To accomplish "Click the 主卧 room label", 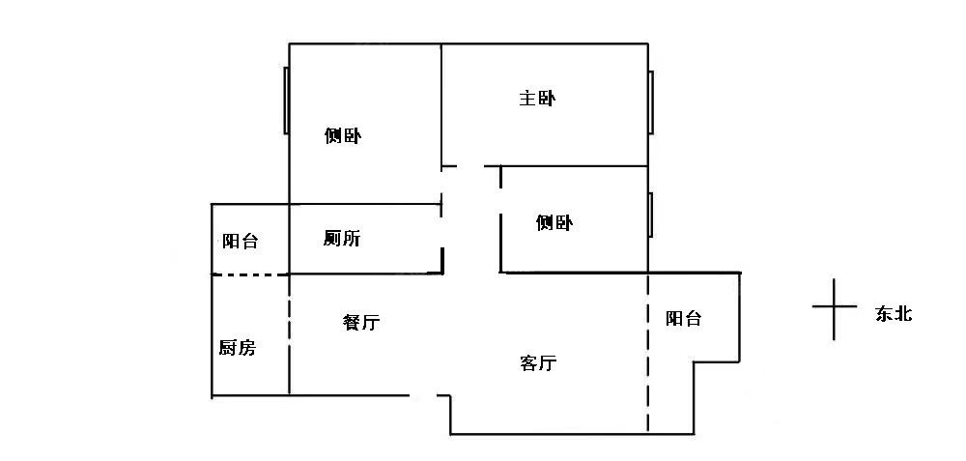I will (x=537, y=98).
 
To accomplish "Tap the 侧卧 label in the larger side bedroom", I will (x=343, y=136).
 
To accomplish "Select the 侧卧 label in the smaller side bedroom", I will (x=554, y=223).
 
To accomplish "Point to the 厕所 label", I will (x=342, y=238).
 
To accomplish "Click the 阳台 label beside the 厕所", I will (x=241, y=241).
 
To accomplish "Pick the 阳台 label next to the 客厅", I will (x=683, y=318).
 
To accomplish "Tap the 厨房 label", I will (x=238, y=348).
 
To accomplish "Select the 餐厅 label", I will (x=360, y=323).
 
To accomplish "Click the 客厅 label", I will (x=538, y=363).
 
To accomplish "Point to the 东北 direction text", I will (x=894, y=314).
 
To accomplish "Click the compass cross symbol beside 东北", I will (x=835, y=308).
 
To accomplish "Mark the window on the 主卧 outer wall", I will (x=651, y=102).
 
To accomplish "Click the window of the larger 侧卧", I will (x=286, y=101).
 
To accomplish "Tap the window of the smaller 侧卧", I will (x=651, y=215).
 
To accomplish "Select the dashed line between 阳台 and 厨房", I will (x=250, y=275).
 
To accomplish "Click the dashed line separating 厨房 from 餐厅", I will (x=289, y=334).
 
